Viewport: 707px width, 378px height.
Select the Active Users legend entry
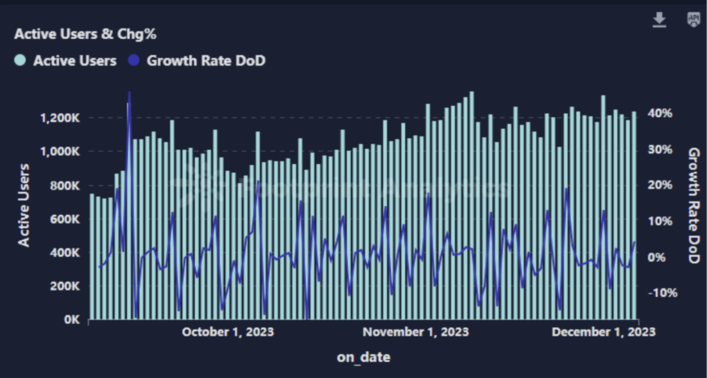(74, 60)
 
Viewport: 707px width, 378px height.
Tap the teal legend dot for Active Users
(21, 60)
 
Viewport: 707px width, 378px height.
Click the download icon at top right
(659, 20)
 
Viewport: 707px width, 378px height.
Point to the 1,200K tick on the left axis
(61, 118)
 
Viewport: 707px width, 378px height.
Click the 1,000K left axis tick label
(61, 151)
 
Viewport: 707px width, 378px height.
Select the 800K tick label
(65, 185)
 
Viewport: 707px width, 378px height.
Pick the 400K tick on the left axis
(65, 252)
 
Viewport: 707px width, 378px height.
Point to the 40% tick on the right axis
(661, 113)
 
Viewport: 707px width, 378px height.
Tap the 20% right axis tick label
(661, 185)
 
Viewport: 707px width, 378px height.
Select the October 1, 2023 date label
(228, 331)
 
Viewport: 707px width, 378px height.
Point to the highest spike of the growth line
(129, 94)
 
